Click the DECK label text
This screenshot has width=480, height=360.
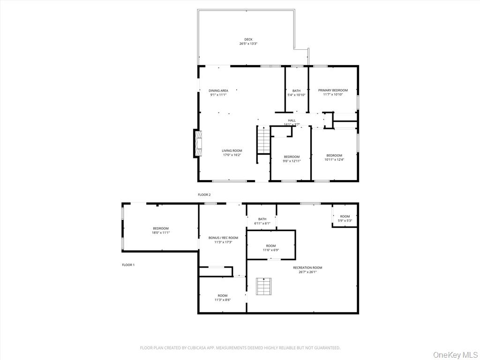[248, 39]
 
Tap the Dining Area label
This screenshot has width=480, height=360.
[218, 90]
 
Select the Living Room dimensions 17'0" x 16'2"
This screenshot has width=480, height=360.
[232, 155]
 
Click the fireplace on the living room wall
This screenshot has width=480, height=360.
[198, 143]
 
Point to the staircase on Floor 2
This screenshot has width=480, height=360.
[264, 140]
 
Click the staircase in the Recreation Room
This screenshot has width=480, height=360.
[263, 286]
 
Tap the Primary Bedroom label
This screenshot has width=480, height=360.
[333, 90]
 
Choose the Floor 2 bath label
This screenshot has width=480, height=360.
[296, 90]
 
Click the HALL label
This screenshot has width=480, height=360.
[292, 120]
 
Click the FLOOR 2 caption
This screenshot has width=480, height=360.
[204, 195]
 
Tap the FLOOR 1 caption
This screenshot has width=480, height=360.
[128, 265]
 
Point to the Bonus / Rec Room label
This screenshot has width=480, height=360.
[223, 238]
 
